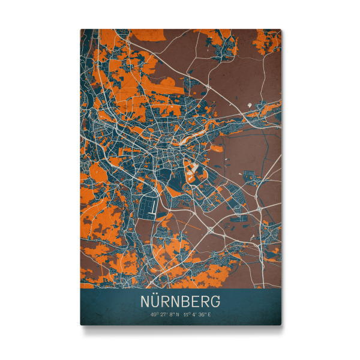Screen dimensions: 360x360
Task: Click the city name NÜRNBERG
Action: tap(181, 299)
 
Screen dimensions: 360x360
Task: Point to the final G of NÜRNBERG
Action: tap(215, 299)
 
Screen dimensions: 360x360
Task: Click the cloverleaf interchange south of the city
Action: tap(211, 229)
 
